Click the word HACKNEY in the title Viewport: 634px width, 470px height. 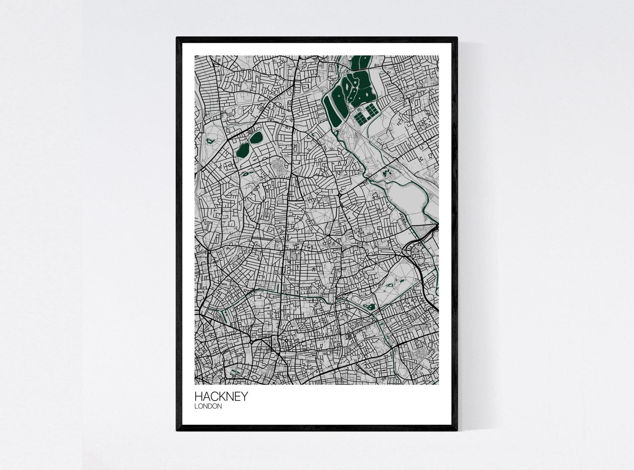click(x=221, y=396)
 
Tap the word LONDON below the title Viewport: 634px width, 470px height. click(x=208, y=407)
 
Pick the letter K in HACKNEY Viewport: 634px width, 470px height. click(x=225, y=396)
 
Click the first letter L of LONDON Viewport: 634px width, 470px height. click(x=196, y=407)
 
